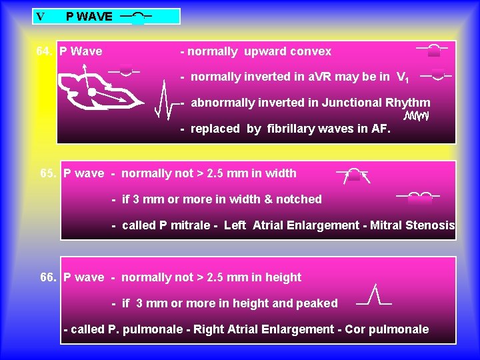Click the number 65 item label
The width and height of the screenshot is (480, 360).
(48, 173)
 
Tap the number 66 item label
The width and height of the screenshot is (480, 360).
(48, 277)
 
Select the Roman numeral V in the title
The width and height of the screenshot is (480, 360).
(41, 17)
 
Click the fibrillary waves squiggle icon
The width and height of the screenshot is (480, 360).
(416, 117)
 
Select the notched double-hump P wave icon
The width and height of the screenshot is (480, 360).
(420, 197)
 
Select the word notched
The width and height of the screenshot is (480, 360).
(300, 199)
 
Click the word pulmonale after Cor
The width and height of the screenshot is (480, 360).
(399, 329)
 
